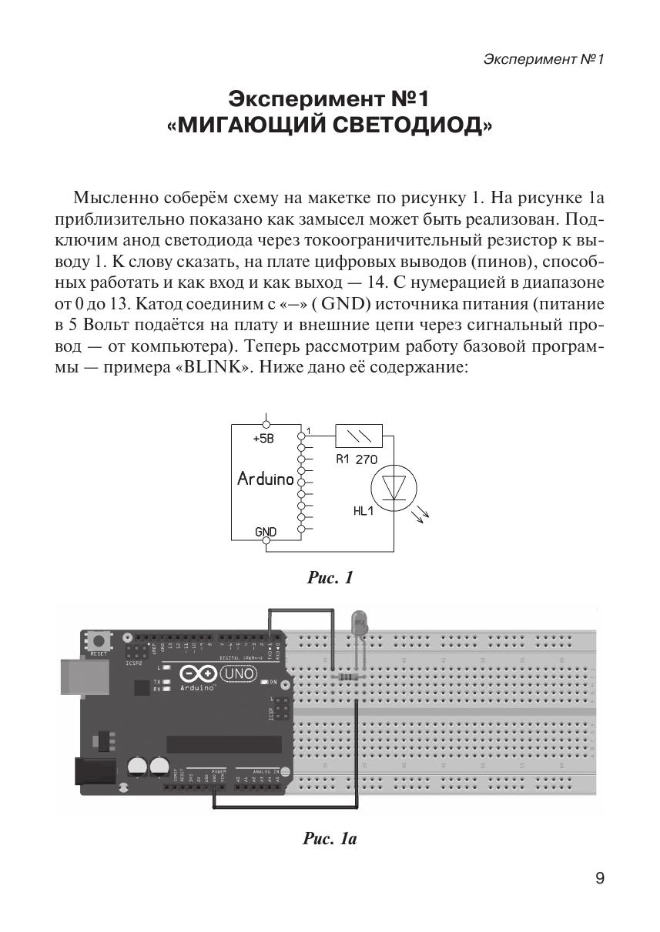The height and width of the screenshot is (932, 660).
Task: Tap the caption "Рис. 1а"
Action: [329, 839]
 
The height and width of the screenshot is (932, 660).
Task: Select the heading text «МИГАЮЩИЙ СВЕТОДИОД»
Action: [330, 124]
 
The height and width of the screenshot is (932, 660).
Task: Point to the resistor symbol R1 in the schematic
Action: [359, 436]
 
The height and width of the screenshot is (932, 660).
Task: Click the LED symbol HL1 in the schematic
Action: [394, 486]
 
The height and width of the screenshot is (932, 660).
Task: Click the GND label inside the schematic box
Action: [266, 532]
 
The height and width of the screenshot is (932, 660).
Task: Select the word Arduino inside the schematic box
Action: [266, 479]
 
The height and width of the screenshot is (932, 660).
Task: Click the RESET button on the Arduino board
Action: [99, 640]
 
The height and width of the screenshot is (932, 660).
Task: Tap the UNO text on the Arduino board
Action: [236, 674]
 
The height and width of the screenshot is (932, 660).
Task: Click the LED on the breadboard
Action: [360, 623]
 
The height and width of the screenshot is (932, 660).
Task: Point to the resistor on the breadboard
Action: [349, 677]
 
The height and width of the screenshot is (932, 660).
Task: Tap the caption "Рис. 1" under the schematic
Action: [330, 577]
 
